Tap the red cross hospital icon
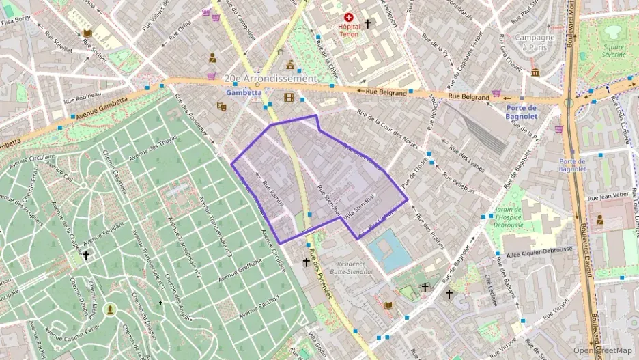350,16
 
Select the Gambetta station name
240,91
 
